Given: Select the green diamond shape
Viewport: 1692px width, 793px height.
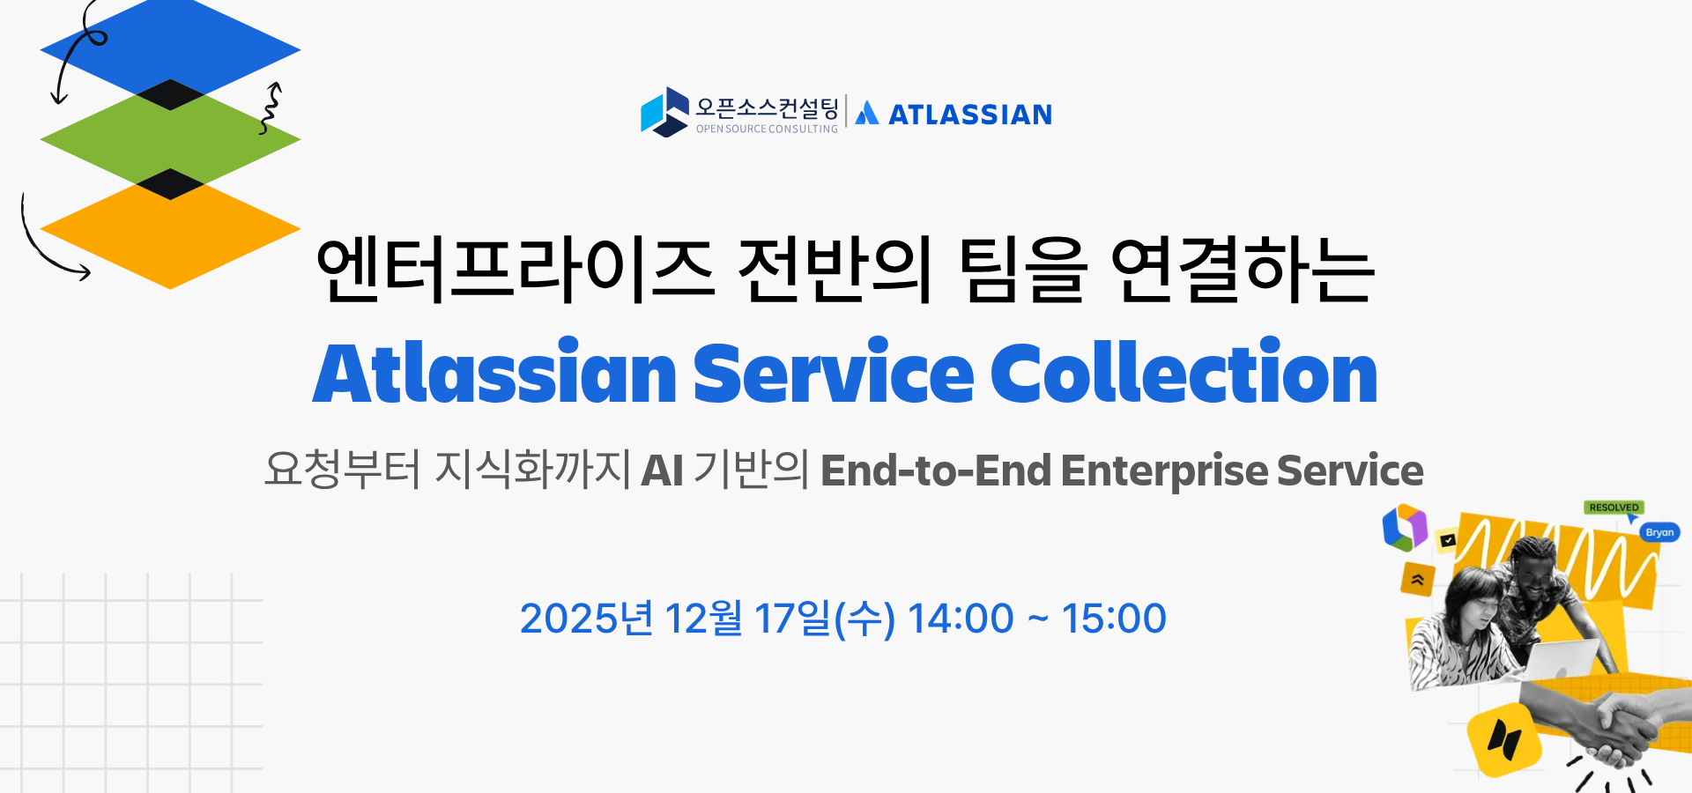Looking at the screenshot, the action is click(170, 138).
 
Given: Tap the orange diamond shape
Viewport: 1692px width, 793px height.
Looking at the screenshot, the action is click(170, 231).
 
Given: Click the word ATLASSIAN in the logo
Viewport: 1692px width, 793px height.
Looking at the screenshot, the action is click(970, 115).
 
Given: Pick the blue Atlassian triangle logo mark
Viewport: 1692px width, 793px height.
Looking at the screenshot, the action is click(867, 113).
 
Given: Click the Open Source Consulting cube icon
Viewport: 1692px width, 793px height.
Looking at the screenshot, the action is click(664, 112).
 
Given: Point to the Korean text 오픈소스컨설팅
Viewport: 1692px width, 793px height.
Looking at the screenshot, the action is click(767, 107).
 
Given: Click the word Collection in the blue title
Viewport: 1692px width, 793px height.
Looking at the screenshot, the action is click(1184, 372).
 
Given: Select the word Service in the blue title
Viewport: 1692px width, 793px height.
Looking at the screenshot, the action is click(834, 372).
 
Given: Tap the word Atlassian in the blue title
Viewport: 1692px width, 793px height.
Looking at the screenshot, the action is click(494, 372).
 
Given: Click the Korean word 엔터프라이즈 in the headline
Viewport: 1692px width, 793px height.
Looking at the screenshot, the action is click(515, 270).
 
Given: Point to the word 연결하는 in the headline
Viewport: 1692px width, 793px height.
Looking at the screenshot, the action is click(1243, 270).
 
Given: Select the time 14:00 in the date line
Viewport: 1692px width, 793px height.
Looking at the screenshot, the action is click(961, 619).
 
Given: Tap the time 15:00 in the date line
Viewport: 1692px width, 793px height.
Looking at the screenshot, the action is click(1114, 619).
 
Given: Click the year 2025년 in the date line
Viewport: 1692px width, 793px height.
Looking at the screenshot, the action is click(587, 618).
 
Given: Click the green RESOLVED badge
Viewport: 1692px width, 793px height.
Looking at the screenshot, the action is click(1614, 508).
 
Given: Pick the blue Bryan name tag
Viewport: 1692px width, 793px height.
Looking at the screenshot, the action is click(1659, 532).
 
